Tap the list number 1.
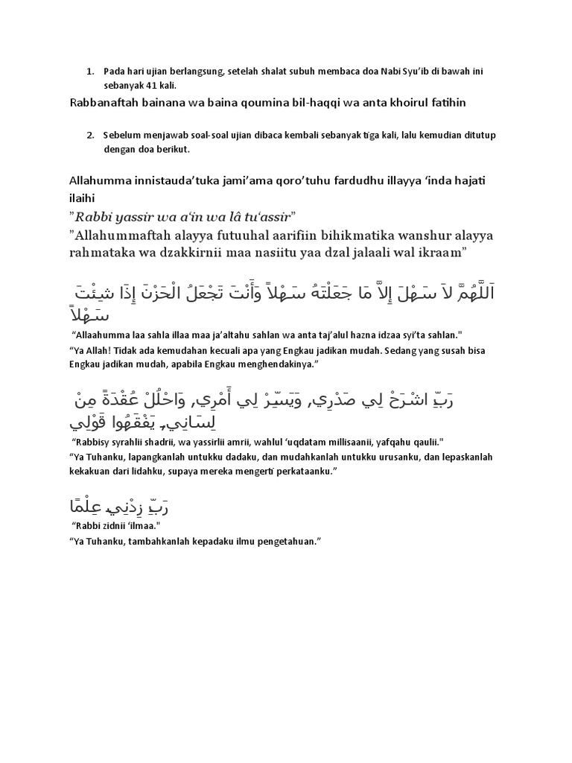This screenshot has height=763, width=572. [89, 72]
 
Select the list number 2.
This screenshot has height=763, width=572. [89, 135]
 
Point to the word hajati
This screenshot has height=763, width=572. [465, 181]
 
